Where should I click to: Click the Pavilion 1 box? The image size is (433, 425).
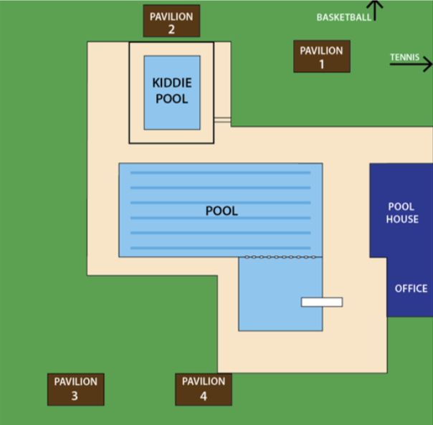pyautogui.click(x=321, y=57)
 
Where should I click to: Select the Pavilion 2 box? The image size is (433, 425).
pyautogui.click(x=171, y=22)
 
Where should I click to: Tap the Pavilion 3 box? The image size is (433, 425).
pyautogui.click(x=75, y=388)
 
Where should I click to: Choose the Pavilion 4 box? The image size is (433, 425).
pyautogui.click(x=204, y=388)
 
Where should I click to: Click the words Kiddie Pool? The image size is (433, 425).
pyautogui.click(x=172, y=91)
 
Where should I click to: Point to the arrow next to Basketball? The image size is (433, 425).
pyautogui.click(x=378, y=10)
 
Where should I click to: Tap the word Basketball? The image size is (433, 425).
pyautogui.click(x=343, y=17)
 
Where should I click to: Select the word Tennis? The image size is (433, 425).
pyautogui.click(x=404, y=57)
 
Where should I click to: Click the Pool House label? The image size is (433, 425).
pyautogui.click(x=402, y=213)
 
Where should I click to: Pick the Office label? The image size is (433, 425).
pyautogui.click(x=411, y=288)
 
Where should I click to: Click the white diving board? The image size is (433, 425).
pyautogui.click(x=321, y=302)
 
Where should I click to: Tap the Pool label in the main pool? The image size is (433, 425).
pyautogui.click(x=222, y=211)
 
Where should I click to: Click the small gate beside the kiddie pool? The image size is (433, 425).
pyautogui.click(x=222, y=120)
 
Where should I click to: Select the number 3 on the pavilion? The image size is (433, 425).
pyautogui.click(x=75, y=396)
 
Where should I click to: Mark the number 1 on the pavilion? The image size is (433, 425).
pyautogui.click(x=321, y=64)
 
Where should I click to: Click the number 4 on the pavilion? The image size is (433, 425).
pyautogui.click(x=204, y=396)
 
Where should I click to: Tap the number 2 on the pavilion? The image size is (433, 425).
pyautogui.click(x=171, y=29)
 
